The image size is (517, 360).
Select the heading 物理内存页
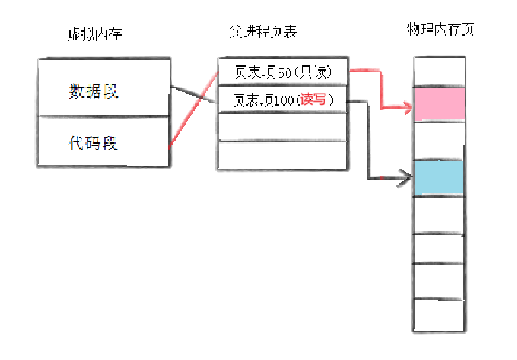coord(440,30)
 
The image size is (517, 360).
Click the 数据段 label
coord(94,91)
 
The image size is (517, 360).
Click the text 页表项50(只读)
coord(283,72)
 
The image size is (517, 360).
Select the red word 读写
coord(313,100)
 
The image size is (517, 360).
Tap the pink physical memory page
coord(439,103)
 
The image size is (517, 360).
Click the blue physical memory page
coord(439,177)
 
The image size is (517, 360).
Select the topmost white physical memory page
coord(439,71)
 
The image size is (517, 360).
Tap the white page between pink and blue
coord(439,141)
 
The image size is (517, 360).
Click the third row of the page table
coord(282,126)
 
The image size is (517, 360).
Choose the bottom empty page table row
coord(282,155)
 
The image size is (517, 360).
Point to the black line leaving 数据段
coord(192,95)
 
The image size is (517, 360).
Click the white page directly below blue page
coord(439,214)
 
